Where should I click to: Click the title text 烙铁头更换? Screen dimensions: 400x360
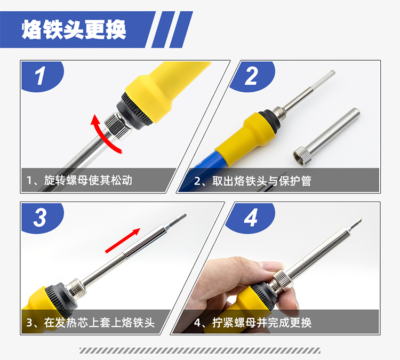(x=74, y=29)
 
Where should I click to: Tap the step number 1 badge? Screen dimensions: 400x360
(x=41, y=76)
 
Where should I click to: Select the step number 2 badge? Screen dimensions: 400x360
(x=251, y=76)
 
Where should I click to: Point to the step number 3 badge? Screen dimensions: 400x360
(x=41, y=218)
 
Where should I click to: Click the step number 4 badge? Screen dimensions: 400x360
(x=250, y=218)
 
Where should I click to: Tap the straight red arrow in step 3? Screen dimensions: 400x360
(x=123, y=241)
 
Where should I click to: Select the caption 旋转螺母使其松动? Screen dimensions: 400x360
(x=88, y=180)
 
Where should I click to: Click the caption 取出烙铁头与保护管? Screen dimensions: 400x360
(x=262, y=181)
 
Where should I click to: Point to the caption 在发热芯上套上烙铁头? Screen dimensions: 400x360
(x=99, y=323)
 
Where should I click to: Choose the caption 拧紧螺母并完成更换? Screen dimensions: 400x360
(x=262, y=323)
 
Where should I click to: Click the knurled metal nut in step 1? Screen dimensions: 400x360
(x=118, y=125)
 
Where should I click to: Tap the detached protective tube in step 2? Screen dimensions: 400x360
(x=326, y=137)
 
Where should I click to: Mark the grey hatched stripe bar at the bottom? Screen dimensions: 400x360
(x=200, y=350)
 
